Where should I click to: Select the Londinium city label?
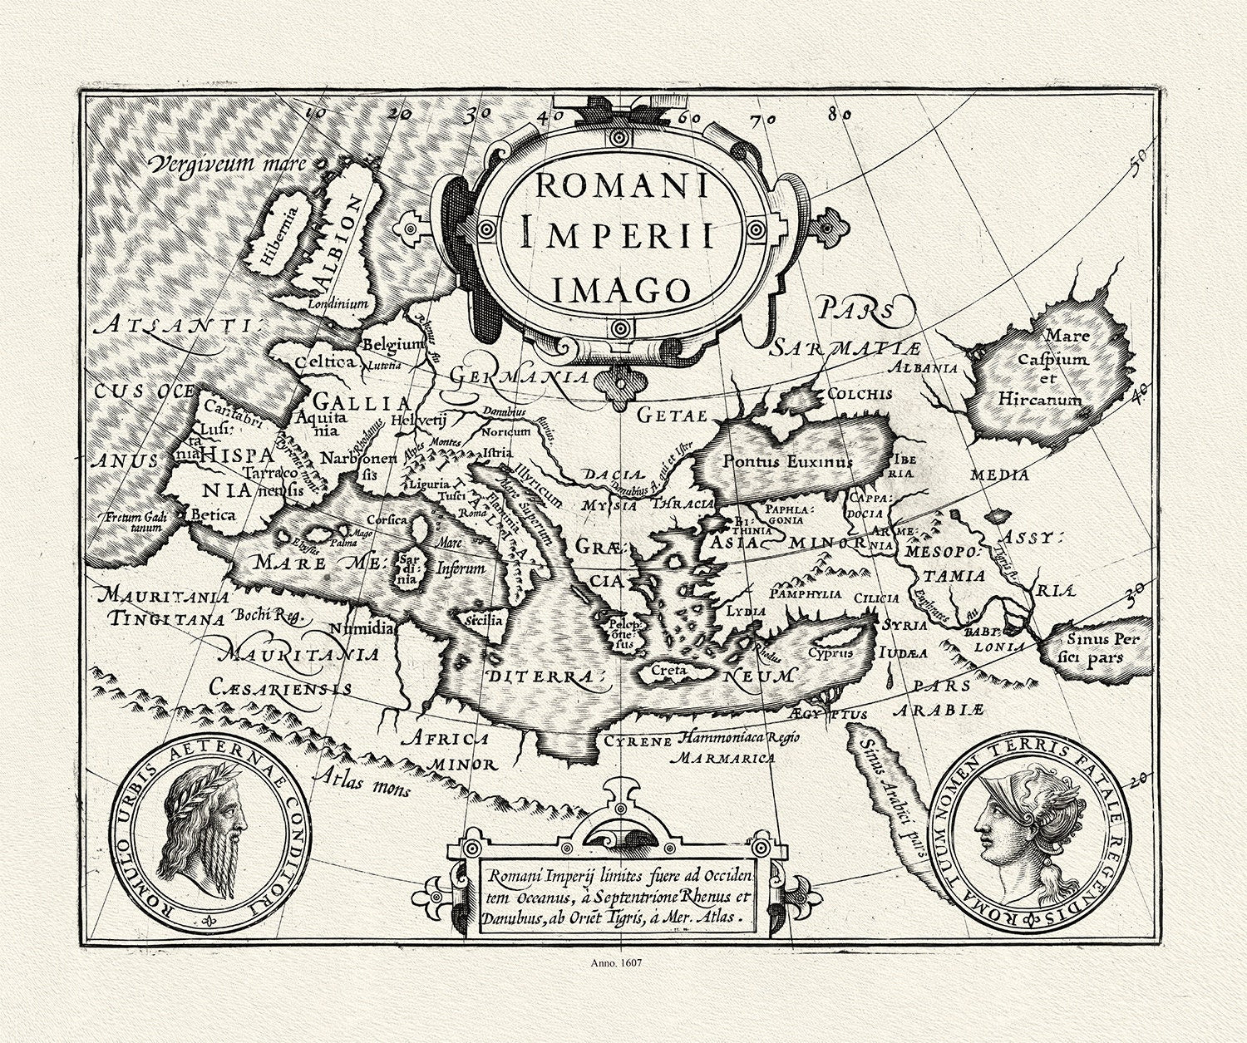(338, 304)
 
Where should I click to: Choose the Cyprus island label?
(831, 652)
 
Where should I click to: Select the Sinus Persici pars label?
(1096, 647)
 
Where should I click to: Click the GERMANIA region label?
(520, 376)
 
